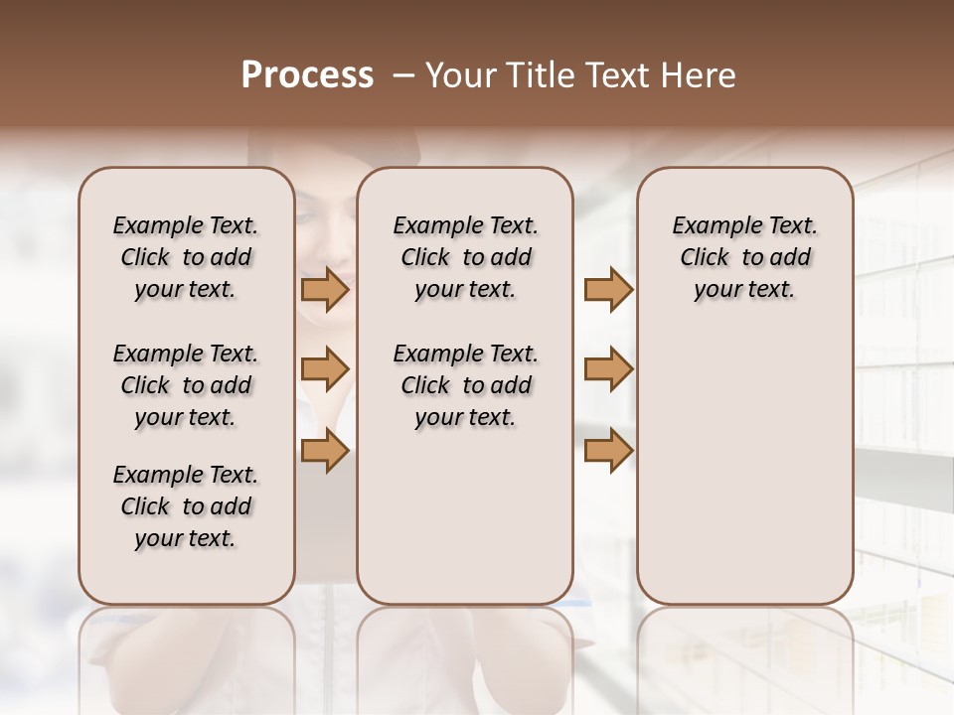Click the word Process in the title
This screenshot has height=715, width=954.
click(307, 75)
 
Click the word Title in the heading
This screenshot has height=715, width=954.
click(539, 75)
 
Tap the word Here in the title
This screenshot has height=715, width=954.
click(700, 75)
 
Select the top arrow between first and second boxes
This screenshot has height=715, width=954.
click(325, 290)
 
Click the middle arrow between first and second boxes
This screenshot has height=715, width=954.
click(325, 369)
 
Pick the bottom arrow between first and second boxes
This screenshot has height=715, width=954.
click(325, 451)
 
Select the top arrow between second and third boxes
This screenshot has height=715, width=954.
click(608, 290)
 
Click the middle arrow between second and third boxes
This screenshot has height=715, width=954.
click(608, 369)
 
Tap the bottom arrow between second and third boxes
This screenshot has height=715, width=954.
click(608, 451)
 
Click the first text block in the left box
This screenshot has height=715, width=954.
click(185, 257)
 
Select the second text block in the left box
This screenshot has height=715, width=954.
click(185, 385)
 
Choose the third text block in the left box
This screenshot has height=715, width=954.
click(185, 506)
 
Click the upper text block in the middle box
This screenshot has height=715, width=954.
click(465, 257)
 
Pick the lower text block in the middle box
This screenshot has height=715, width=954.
click(465, 385)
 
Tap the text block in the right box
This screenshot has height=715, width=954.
click(744, 257)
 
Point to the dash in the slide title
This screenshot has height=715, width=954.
click(403, 75)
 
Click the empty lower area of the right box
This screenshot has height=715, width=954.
click(744, 467)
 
